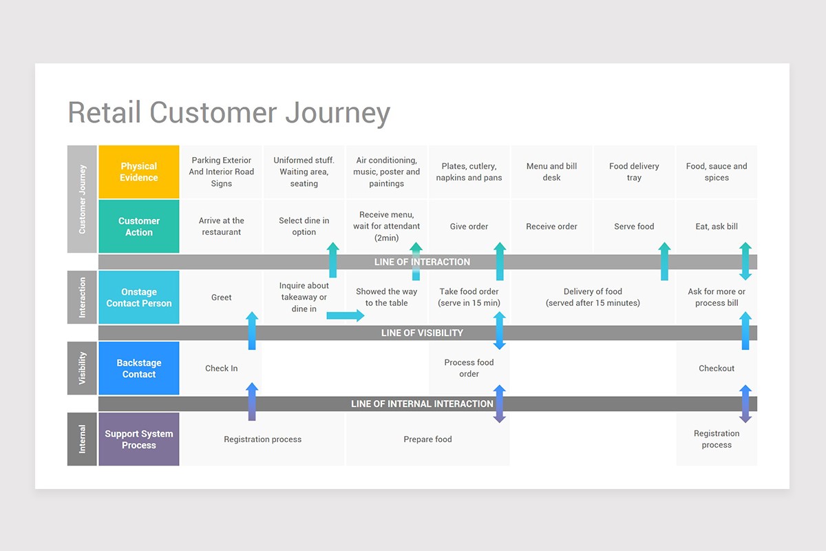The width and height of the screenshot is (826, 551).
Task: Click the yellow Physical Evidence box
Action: coord(139,171)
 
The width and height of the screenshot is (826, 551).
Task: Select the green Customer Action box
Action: coord(139,227)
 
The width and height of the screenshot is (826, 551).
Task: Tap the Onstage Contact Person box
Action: coord(139,298)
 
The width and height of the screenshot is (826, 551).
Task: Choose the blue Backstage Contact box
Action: coord(139,368)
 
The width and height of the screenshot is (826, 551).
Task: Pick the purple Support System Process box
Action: coord(139,439)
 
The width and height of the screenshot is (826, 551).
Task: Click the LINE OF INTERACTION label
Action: coord(422,262)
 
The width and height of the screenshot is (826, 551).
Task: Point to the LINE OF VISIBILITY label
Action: coord(422,333)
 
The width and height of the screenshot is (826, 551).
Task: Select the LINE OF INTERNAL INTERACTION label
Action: coord(422,404)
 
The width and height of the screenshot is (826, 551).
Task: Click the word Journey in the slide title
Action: coord(337,113)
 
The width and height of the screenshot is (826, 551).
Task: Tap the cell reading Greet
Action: coord(222,298)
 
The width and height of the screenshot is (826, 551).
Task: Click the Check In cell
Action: coord(222,368)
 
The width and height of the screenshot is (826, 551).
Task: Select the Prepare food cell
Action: coord(427,439)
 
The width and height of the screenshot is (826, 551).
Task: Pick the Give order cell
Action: coord(469,227)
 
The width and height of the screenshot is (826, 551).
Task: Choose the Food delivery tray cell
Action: coord(634,171)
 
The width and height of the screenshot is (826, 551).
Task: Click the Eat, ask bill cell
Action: coord(717,227)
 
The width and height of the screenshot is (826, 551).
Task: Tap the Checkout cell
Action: coord(717,368)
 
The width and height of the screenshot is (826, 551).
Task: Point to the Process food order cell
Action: coord(469,368)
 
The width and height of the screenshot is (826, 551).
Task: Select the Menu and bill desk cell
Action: coord(551,171)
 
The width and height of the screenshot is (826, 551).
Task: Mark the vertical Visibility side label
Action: coord(83,368)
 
